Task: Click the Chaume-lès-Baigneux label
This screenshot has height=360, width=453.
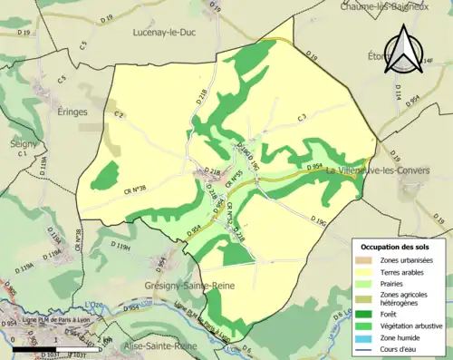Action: point(396,6)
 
